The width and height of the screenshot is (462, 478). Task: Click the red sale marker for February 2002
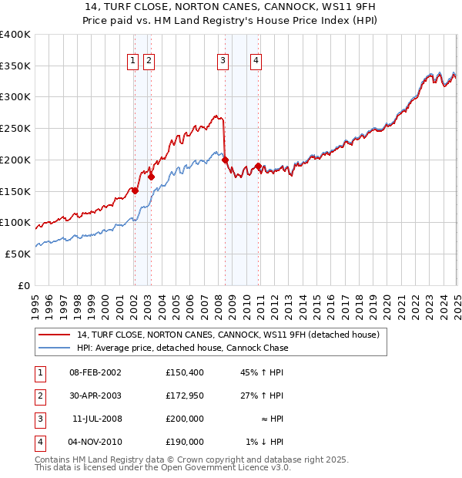[x=135, y=190]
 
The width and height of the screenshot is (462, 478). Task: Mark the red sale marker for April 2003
[x=152, y=177]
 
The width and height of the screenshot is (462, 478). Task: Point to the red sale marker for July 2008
[x=226, y=160]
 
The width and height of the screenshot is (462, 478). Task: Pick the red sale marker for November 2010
[x=258, y=166]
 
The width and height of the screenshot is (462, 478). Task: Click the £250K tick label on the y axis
[x=15, y=129]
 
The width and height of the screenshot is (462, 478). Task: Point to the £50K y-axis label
[x=18, y=254]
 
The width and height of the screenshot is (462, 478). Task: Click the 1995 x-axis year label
[x=35, y=302]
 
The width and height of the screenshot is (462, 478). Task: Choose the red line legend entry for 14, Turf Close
[x=228, y=335]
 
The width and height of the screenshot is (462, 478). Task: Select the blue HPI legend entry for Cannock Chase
[x=182, y=348]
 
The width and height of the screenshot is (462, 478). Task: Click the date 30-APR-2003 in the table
[x=95, y=396]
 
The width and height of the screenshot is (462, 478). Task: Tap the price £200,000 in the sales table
[x=185, y=419]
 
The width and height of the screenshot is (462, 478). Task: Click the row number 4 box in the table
[x=38, y=443]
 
